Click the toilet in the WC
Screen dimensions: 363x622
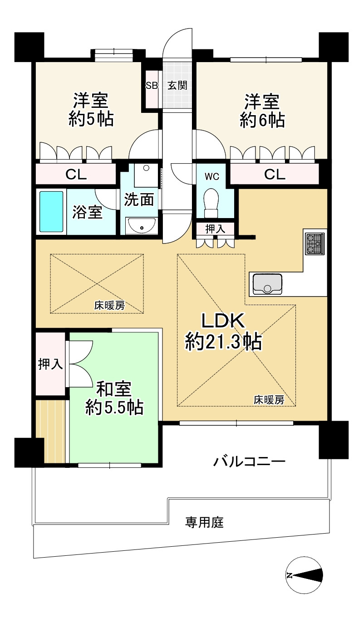[x=211, y=204]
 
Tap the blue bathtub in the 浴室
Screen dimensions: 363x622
[x=51, y=211]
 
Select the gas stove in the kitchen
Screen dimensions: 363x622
[x=315, y=243]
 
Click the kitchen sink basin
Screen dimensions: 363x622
[x=267, y=284]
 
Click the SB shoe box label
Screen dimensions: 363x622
[x=152, y=86]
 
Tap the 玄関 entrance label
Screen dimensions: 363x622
[x=177, y=85]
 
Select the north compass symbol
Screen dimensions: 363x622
[x=304, y=575]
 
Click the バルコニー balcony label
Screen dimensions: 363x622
[x=249, y=462]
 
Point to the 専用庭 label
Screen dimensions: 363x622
[x=205, y=522]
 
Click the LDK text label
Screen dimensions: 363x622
[x=223, y=321]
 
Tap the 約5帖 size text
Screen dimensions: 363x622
[x=91, y=120]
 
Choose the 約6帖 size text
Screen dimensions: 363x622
[x=262, y=120]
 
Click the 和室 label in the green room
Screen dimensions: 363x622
[x=114, y=389]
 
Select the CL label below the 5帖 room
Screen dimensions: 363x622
[x=76, y=175]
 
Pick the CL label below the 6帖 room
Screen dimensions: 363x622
[x=275, y=175]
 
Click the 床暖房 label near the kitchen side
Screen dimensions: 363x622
[x=269, y=400]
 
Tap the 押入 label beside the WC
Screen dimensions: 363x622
[x=215, y=229]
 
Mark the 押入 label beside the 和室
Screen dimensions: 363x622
[x=50, y=364]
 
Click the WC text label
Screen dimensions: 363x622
[x=212, y=177]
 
